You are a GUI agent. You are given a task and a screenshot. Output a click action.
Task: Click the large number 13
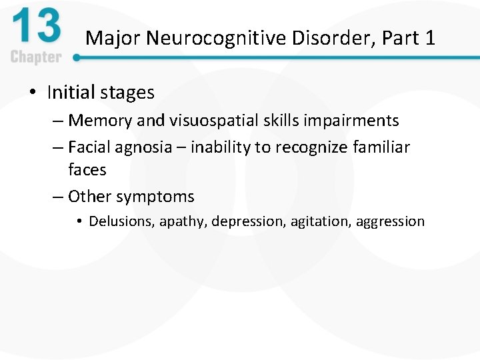point(36,29)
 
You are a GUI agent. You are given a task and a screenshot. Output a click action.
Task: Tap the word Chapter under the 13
point(36,57)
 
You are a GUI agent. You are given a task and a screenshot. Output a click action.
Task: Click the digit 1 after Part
point(429,38)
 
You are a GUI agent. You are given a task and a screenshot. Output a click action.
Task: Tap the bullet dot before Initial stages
point(33,93)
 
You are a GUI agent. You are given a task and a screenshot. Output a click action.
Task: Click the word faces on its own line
point(87,170)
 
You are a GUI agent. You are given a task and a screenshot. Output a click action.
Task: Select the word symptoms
point(155,197)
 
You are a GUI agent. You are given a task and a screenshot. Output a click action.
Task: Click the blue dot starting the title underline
point(77,58)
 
